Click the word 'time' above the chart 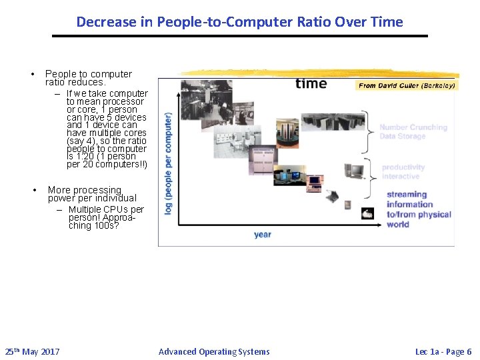coord(311,83)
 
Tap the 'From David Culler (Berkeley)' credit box coord(407,85)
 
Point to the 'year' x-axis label coord(263,235)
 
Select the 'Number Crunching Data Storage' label coord(413,131)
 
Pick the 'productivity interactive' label coord(403,172)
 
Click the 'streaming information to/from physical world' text coord(418,209)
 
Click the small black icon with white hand coord(367,213)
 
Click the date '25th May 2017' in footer coord(32,351)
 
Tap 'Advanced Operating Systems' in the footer coord(214,351)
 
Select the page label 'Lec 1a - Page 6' coord(443,351)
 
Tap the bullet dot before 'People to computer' coord(31,74)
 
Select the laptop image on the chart coord(331,197)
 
